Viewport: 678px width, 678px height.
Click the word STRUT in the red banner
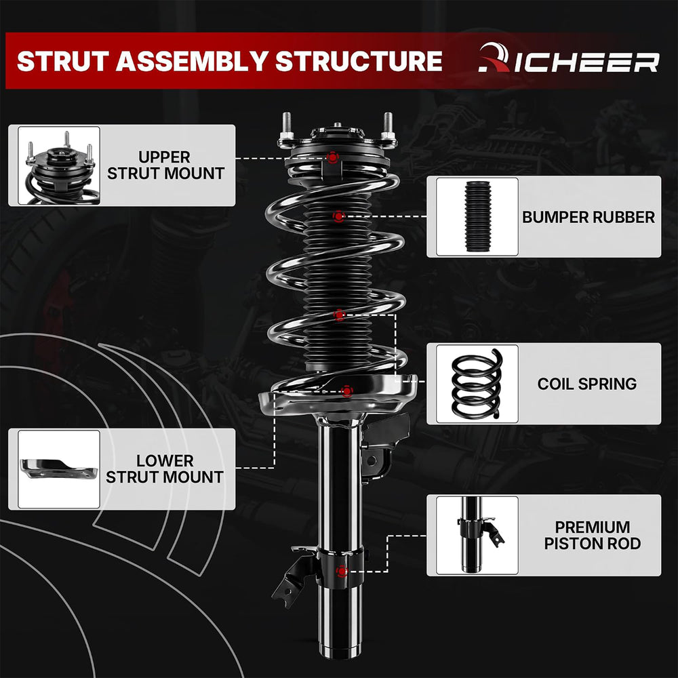62,61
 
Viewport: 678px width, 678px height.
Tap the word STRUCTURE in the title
359,61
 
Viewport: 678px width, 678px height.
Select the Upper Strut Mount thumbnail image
59,165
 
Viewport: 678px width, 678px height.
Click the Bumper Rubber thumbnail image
477,216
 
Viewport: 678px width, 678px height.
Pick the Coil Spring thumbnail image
477,384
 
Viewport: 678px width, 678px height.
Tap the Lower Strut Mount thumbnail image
59,469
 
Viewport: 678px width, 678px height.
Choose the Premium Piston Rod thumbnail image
477,536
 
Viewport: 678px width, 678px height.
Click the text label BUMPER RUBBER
589,217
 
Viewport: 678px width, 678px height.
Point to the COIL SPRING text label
586,384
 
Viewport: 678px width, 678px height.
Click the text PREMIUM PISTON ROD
593,536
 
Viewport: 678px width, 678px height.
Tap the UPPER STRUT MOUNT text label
165,165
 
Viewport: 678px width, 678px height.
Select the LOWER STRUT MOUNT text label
165,469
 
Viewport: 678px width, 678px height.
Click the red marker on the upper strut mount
332,157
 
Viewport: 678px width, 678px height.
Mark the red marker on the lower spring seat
346,391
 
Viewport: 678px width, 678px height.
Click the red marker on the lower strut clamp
342,572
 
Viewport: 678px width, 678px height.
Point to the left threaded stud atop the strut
287,126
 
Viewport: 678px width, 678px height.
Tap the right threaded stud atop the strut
388,126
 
